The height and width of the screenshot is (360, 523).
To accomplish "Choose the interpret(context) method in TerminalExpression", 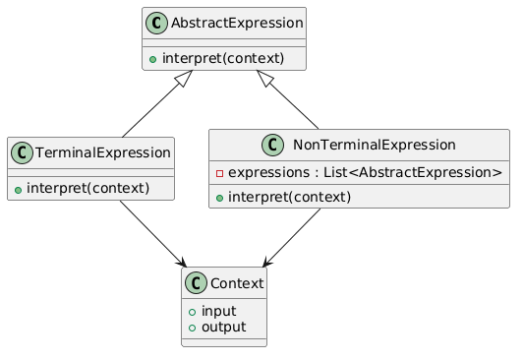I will click(x=96, y=187).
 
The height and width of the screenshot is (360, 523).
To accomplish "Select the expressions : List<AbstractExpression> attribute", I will click(x=366, y=173).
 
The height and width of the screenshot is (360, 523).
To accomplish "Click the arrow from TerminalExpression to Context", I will click(x=151, y=233).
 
